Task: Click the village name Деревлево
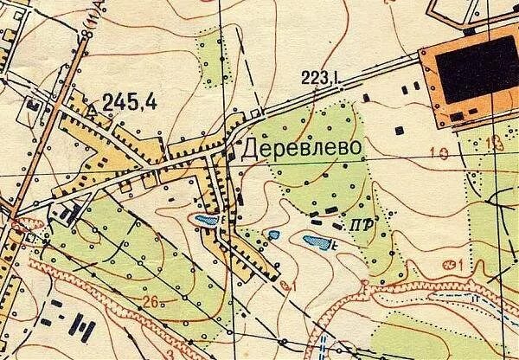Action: coord(298,149)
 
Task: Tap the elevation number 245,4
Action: coord(129,103)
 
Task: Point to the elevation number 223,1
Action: coord(321,79)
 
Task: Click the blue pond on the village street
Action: coord(207,222)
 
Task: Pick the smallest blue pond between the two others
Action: coord(273,235)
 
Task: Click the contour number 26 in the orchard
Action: coord(152,302)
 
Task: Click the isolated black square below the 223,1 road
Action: coord(400,130)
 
